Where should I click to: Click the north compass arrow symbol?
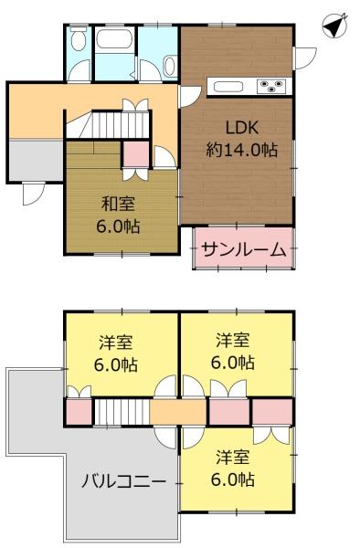tap(335, 26)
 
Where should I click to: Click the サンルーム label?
tap(244, 249)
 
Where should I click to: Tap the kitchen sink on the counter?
tap(228, 87)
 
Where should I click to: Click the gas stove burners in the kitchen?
tap(272, 87)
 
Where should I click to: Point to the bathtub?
tap(115, 41)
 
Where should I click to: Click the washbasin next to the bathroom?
tap(169, 65)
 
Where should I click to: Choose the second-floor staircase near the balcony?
tap(121, 412)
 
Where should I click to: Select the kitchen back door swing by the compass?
tap(304, 57)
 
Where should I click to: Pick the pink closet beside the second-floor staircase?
tap(79, 412)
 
